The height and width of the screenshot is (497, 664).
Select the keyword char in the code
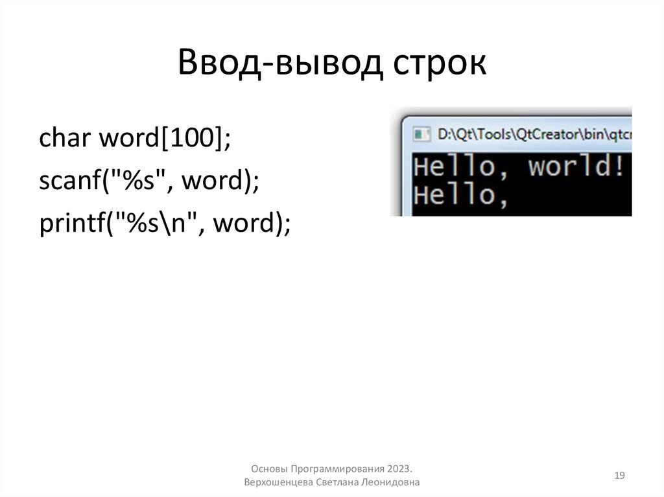click(x=64, y=137)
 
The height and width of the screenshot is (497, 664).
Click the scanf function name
click(x=67, y=181)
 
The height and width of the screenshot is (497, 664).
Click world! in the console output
click(x=577, y=167)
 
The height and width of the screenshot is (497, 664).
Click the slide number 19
click(x=619, y=476)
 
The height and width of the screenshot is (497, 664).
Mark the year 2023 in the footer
click(x=401, y=468)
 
